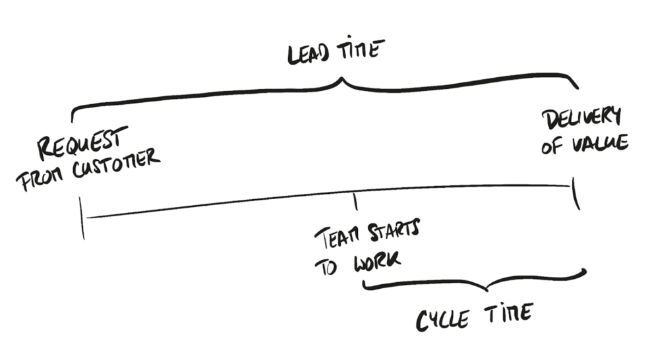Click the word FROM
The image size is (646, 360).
coord(37,179)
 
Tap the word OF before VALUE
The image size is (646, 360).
coord(552,146)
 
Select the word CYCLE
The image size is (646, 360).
coord(442,319)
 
